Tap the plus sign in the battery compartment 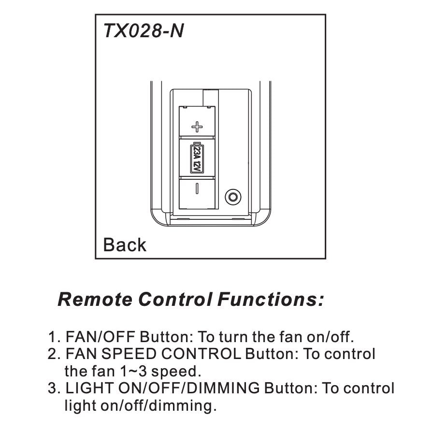(x=197, y=127)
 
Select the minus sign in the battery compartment (x=197, y=189)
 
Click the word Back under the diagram (x=125, y=245)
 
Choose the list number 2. (x=53, y=354)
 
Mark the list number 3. (x=53, y=388)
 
